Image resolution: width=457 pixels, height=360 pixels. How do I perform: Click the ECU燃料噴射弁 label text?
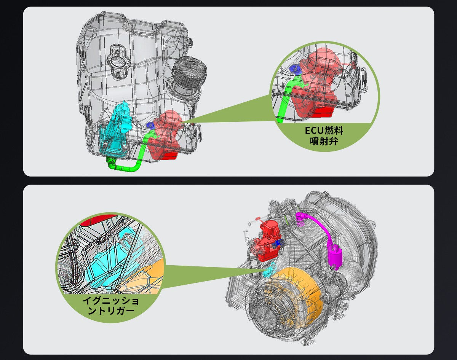click(324, 136)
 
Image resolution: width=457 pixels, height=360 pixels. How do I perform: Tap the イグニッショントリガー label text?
click(111, 306)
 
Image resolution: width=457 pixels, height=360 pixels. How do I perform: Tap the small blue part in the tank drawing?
click(150, 126)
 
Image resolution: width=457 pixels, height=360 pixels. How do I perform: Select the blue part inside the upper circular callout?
click(295, 69)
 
